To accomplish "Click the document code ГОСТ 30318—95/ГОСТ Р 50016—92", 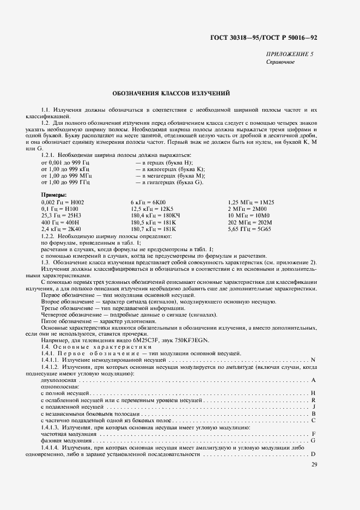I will tap(271, 38).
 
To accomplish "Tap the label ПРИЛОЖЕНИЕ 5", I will tap(290, 54).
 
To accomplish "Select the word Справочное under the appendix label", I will tap(280, 62).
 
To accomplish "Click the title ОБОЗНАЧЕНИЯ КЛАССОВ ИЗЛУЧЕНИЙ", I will tap(171, 93).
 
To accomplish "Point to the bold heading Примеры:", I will tap(54, 195).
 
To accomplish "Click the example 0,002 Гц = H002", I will tap(62, 202).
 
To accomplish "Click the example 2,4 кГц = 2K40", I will tap(61, 229).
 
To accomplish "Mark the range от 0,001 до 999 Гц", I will tap(65, 162).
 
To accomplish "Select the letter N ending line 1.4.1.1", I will tap(313, 360).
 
